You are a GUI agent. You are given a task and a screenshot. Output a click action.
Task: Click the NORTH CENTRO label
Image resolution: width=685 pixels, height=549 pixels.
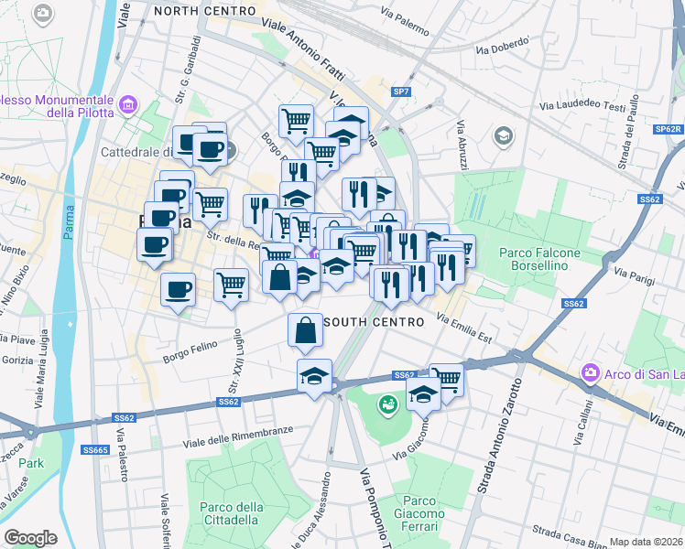coord(204,10)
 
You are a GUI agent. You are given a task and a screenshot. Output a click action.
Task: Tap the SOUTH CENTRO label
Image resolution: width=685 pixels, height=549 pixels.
coord(375,322)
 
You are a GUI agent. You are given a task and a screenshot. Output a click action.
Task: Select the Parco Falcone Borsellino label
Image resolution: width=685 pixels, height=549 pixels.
coord(533,259)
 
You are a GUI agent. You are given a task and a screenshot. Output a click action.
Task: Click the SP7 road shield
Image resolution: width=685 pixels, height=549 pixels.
coord(401,91)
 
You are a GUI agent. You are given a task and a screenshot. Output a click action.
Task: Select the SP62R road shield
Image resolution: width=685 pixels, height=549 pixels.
coord(669,130)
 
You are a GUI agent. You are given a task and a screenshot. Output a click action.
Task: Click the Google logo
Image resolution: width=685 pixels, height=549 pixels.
coord(30,537)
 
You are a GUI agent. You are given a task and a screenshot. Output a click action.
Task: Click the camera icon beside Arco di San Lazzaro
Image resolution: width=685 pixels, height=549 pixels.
coord(590,373)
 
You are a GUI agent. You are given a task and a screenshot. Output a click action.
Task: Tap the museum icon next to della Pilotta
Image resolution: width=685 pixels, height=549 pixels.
coord(127,106)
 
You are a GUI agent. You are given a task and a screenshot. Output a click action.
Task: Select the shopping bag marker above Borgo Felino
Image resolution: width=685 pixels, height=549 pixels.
coord(305,331)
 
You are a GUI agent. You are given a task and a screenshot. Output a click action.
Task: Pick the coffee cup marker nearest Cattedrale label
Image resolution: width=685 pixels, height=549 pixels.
coord(211,149)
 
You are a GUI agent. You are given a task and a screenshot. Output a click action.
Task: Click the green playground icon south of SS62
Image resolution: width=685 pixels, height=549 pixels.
coord(387,402)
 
